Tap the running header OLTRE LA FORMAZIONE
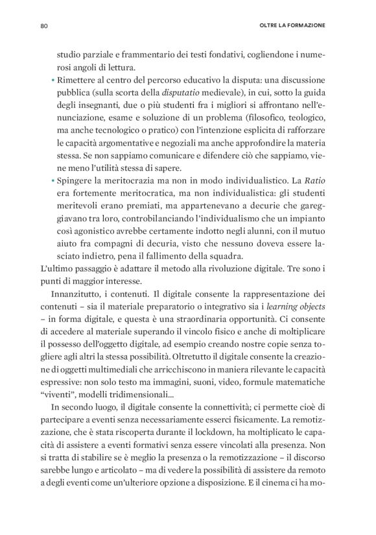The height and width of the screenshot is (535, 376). (291, 26)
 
